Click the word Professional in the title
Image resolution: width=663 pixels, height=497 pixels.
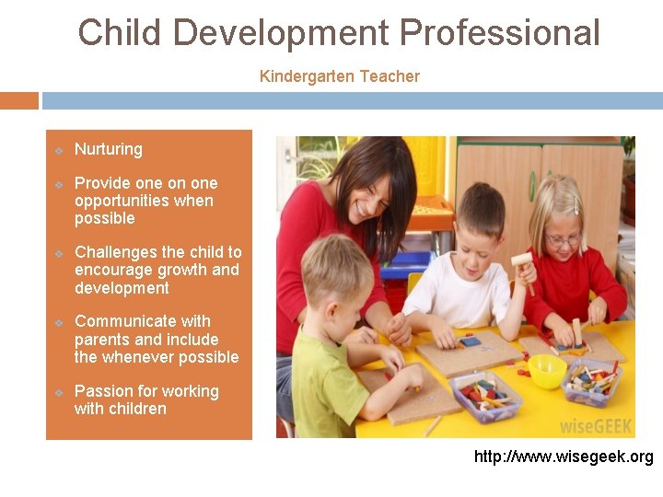tap(499, 33)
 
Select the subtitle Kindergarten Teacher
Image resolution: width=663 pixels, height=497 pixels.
tap(339, 76)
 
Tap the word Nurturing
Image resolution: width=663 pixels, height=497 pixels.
tap(109, 149)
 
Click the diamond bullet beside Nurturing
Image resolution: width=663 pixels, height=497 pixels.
tap(58, 150)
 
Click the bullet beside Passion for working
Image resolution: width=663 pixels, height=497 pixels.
tap(58, 392)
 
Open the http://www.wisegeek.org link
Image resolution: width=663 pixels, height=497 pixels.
tap(564, 457)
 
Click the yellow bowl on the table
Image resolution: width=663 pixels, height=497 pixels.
tap(547, 370)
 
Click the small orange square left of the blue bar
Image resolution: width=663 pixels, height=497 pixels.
tap(18, 100)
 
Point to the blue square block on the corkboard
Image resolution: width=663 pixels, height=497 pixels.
tap(471, 341)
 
